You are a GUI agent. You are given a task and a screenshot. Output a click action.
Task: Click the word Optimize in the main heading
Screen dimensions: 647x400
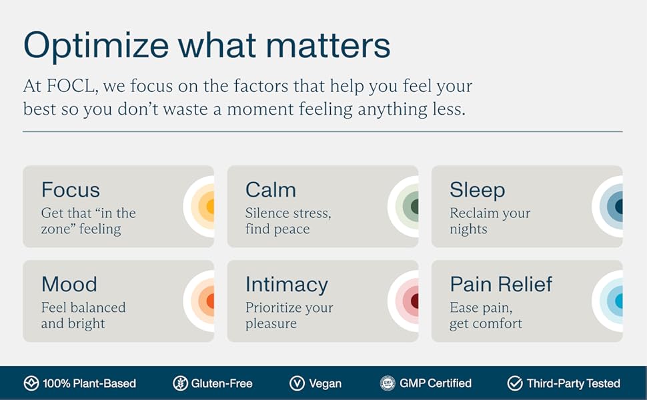pos(96,46)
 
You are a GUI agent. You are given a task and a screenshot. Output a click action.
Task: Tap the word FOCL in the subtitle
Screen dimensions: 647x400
pos(72,86)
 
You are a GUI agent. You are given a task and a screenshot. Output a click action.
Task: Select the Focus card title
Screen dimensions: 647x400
pos(71,190)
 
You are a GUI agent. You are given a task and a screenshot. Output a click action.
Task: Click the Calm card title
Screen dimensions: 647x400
pos(271,190)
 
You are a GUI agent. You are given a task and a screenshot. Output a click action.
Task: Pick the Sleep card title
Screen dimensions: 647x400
pos(478,191)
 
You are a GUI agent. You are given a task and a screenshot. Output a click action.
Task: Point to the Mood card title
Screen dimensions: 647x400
pos(69,285)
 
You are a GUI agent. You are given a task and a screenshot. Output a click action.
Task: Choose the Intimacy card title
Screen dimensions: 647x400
pos(287,285)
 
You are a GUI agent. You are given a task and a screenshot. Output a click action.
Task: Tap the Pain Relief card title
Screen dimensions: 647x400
pos(501,284)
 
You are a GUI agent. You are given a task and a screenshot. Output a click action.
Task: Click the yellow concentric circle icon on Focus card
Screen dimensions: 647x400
pos(199,206)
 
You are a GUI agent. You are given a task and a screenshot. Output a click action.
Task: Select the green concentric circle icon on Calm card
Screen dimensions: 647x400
pos(403,206)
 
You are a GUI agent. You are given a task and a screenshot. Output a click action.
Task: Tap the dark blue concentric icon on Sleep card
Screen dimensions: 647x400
pos(608,206)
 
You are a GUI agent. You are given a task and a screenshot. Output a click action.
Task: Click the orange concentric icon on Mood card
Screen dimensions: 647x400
pos(199,301)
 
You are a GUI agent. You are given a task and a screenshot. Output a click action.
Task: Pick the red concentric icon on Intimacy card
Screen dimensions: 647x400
pos(403,301)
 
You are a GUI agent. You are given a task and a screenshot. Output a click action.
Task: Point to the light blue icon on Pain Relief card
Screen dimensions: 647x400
pos(608,301)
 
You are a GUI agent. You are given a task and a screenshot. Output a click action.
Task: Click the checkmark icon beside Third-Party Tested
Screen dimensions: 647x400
pos(515,383)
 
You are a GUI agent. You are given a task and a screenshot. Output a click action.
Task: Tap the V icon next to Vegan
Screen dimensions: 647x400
pos(297,383)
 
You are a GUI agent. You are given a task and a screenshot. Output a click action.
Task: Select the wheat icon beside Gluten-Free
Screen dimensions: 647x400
pos(180,383)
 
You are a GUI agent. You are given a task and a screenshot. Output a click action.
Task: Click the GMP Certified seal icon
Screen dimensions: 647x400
pos(388,383)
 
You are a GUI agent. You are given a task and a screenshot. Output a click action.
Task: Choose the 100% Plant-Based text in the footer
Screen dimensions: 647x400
pos(89,383)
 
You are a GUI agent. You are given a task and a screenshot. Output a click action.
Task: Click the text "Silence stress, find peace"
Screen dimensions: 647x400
pos(288,221)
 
